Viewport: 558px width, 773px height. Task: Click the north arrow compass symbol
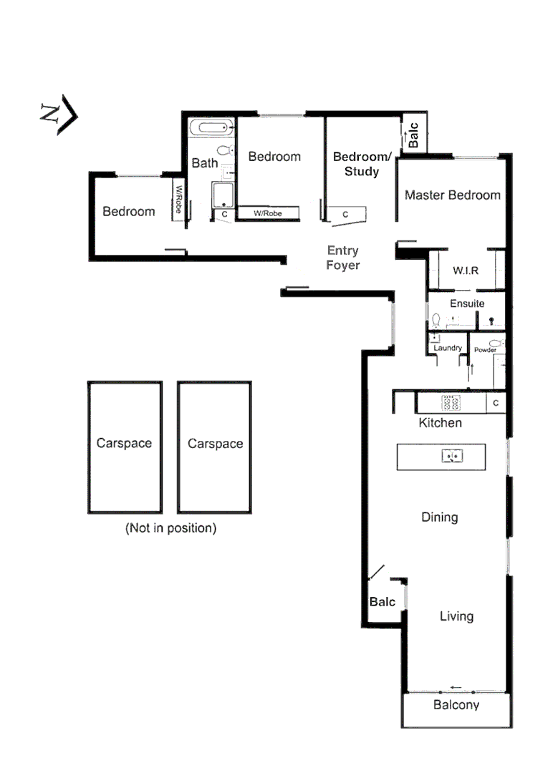(x=58, y=114)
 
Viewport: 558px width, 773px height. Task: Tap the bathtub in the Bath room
(x=213, y=130)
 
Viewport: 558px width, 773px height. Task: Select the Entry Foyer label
(x=342, y=258)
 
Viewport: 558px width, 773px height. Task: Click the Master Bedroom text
(x=452, y=195)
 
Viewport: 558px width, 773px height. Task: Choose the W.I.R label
(x=465, y=271)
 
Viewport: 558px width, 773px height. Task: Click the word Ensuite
(x=466, y=303)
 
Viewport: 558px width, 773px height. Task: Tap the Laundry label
(x=447, y=348)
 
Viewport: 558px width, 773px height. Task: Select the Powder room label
(x=485, y=350)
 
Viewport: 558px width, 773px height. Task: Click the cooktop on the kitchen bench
(x=451, y=402)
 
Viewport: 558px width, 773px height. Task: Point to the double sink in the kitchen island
(x=452, y=455)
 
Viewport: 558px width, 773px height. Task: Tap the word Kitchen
(x=440, y=423)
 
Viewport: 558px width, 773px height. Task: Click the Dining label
(x=439, y=517)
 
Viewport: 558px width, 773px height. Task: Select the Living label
(x=456, y=616)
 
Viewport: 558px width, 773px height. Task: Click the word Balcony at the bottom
(x=456, y=705)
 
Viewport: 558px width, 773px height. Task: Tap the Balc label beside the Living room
(x=382, y=602)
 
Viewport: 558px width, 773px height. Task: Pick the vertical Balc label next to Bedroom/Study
(x=413, y=137)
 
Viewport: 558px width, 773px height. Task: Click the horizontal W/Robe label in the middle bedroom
(x=267, y=213)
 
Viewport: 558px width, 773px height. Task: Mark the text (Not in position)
(x=170, y=529)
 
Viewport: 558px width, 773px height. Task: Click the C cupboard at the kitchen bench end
(x=496, y=404)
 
